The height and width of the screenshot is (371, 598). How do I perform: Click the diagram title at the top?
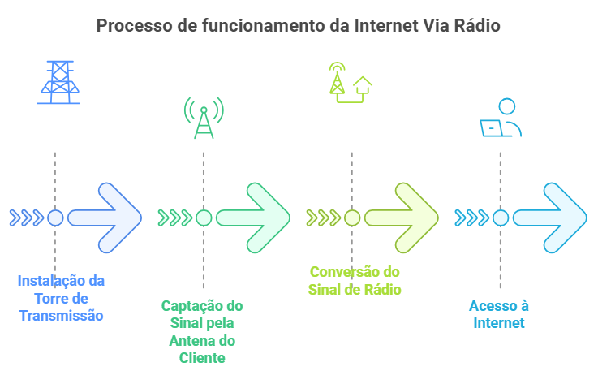(x=299, y=25)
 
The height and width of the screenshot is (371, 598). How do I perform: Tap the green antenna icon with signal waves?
(x=204, y=119)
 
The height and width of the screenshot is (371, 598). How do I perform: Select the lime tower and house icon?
(x=351, y=82)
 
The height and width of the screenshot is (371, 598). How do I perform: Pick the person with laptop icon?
(x=501, y=119)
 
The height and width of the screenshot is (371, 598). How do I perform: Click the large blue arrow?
(x=107, y=218)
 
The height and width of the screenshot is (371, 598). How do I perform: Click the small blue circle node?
(x=55, y=218)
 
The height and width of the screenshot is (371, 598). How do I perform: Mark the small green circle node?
(x=204, y=218)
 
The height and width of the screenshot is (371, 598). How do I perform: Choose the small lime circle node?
(x=352, y=218)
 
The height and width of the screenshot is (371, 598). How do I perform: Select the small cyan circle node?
(x=501, y=218)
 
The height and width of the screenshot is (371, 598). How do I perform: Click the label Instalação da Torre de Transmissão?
(x=62, y=298)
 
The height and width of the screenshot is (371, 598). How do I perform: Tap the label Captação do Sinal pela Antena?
(x=202, y=331)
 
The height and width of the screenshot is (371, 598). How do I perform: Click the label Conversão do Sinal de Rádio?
(x=355, y=280)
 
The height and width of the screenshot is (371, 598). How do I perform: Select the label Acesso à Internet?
(x=499, y=314)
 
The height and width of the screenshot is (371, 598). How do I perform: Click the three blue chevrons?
(x=26, y=218)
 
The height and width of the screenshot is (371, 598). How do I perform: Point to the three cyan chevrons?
(x=471, y=218)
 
